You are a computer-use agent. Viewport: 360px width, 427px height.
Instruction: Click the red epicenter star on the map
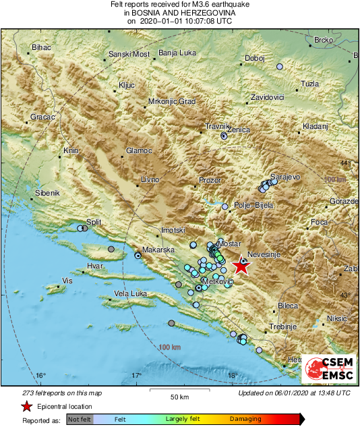click(x=241, y=266)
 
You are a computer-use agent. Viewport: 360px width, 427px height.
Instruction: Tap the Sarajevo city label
click(x=284, y=177)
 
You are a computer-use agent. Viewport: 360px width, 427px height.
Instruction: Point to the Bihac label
click(x=41, y=48)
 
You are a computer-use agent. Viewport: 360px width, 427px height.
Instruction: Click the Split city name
click(x=94, y=221)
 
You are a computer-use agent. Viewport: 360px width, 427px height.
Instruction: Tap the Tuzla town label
click(x=310, y=84)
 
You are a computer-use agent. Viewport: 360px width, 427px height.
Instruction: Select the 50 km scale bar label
click(x=178, y=396)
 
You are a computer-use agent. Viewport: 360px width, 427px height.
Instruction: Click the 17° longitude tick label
click(x=136, y=376)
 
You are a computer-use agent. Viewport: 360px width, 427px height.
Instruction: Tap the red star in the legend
click(x=26, y=406)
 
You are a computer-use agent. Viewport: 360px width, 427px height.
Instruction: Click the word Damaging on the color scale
click(x=245, y=419)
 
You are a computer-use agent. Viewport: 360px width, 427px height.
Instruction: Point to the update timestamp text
click(x=294, y=393)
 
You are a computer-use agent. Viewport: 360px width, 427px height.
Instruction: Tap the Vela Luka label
click(x=130, y=293)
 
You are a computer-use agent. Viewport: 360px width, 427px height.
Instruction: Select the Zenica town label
click(x=239, y=130)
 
